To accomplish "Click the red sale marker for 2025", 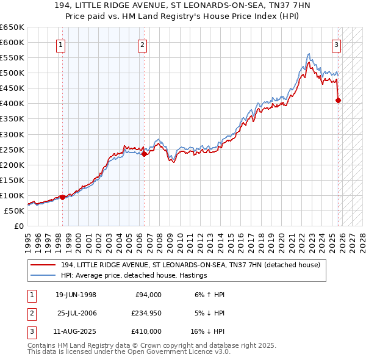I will click(339, 101).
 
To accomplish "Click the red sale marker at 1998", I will click(62, 197).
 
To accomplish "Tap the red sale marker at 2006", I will click(145, 154).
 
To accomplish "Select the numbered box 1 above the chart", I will click(62, 44).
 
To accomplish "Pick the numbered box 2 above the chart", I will click(142, 44).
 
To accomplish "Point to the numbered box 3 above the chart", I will click(336, 44).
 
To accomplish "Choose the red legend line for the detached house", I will click(43, 265).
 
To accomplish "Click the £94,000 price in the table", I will click(148, 295).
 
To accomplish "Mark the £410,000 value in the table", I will click(146, 331).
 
